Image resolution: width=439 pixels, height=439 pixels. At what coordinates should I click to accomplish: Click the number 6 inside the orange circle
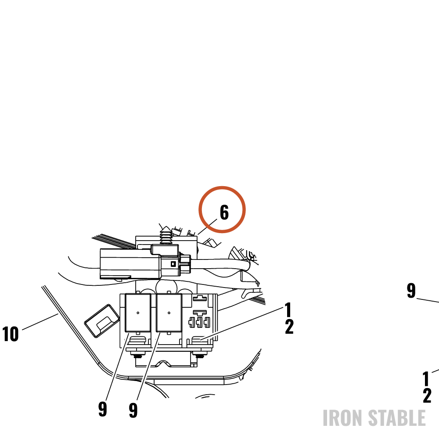(224, 212)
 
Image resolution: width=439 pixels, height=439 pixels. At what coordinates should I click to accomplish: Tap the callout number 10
(11, 334)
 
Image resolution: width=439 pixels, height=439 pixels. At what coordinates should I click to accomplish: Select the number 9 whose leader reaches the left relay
(103, 409)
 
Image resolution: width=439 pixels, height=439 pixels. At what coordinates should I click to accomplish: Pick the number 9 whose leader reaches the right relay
(133, 410)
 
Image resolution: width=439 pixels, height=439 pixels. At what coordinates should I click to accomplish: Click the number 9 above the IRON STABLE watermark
(411, 291)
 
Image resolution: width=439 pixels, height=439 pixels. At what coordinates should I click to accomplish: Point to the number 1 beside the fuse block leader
(288, 309)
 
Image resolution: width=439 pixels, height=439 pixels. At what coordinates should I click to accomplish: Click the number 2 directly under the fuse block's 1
(289, 327)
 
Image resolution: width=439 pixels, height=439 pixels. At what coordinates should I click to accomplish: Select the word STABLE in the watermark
(396, 418)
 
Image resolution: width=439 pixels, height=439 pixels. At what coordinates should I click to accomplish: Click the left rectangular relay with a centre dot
(138, 313)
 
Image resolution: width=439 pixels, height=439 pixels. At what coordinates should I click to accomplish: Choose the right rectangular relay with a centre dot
(169, 313)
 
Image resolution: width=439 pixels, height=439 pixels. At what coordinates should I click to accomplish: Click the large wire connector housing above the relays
(130, 264)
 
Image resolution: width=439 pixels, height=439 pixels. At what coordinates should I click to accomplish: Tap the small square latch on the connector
(173, 264)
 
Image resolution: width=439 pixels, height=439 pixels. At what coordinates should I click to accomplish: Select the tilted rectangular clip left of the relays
(102, 320)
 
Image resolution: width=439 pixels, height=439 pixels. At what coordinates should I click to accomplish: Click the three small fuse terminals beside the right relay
(199, 322)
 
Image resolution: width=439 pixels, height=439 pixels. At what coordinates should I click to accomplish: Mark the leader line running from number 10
(40, 322)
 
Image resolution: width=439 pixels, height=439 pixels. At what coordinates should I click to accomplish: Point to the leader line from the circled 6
(207, 227)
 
